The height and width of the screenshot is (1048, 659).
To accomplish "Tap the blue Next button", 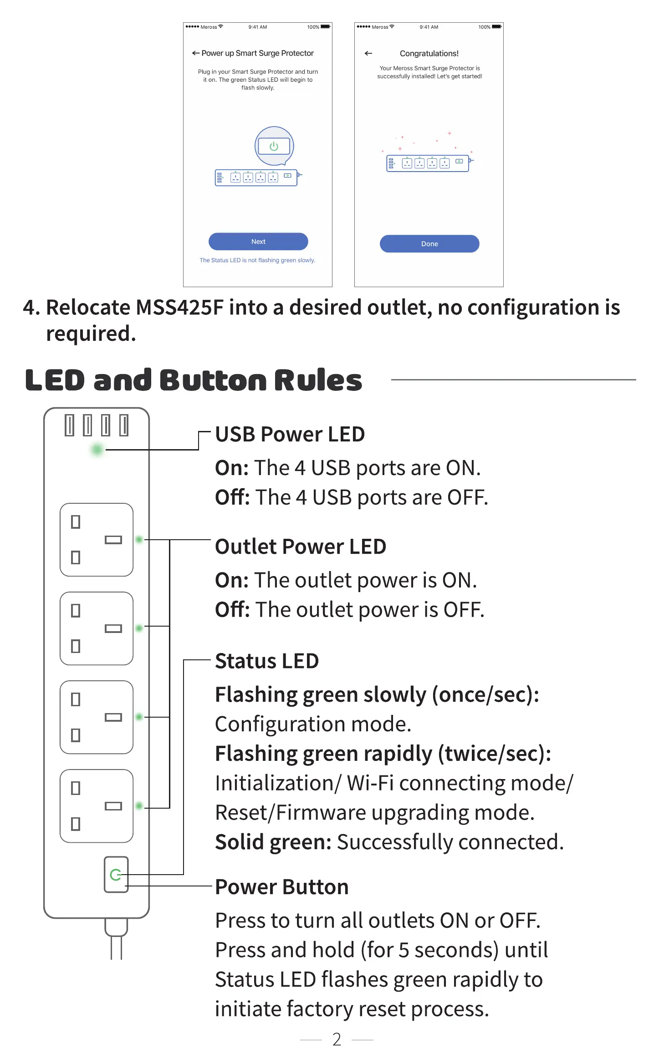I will [258, 242].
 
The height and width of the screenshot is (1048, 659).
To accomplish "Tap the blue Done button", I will [429, 244].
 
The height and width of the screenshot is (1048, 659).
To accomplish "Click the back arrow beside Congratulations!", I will [368, 53].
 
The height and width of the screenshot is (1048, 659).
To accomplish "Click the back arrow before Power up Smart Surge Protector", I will [196, 53].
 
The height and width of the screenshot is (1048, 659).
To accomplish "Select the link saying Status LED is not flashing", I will [257, 260].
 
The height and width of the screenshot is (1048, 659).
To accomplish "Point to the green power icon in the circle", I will [274, 146].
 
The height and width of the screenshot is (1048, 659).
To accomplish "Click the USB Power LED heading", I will [290, 434].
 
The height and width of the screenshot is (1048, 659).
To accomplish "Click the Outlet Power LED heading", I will [301, 547].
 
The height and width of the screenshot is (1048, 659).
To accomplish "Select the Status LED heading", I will [267, 661].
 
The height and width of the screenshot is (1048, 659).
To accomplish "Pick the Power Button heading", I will [281, 887].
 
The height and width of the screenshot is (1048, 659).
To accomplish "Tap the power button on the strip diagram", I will [116, 875].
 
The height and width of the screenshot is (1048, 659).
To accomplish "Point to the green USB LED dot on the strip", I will [97, 450].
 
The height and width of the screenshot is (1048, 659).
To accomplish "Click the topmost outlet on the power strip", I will [97, 540].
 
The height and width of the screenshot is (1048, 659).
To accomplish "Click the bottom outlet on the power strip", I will [97, 806].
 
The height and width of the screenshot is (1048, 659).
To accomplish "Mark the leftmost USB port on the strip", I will [69, 425].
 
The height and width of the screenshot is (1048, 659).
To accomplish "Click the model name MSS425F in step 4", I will [180, 308].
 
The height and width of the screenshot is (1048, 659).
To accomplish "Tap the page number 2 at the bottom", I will [337, 1039].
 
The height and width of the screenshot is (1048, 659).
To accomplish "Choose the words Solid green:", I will [273, 842].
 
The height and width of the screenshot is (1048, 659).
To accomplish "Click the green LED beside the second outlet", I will [139, 628].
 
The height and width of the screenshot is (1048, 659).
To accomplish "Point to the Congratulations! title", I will [429, 53].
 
